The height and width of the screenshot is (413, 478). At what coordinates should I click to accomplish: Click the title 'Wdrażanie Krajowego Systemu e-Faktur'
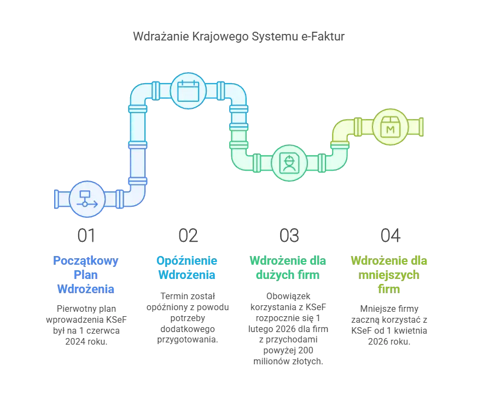(x=238, y=36)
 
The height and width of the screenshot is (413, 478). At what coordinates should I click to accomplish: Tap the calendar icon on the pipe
(x=188, y=91)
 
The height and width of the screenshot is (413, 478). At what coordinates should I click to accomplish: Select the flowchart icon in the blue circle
(x=87, y=199)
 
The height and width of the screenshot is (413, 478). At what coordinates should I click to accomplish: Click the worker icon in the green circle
(x=289, y=163)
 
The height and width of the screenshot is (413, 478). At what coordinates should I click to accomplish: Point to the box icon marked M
(x=390, y=127)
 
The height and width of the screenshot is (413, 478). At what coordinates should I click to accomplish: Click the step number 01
(x=86, y=236)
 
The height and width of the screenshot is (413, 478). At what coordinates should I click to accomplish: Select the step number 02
(x=188, y=236)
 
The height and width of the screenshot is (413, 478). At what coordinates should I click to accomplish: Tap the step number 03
(x=289, y=236)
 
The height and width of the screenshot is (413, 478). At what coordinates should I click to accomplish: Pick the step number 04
(x=390, y=236)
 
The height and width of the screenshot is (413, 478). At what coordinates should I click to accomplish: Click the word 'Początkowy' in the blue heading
(x=86, y=261)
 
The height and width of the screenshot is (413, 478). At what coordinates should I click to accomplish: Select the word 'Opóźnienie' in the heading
(x=187, y=261)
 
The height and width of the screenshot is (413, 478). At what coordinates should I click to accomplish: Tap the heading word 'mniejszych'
(x=389, y=275)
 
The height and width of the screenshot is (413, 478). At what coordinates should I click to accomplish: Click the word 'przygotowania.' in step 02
(x=188, y=340)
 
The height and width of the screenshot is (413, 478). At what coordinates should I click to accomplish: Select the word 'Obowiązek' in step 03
(x=288, y=296)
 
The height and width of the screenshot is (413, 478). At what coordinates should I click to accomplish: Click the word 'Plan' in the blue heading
(x=86, y=275)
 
